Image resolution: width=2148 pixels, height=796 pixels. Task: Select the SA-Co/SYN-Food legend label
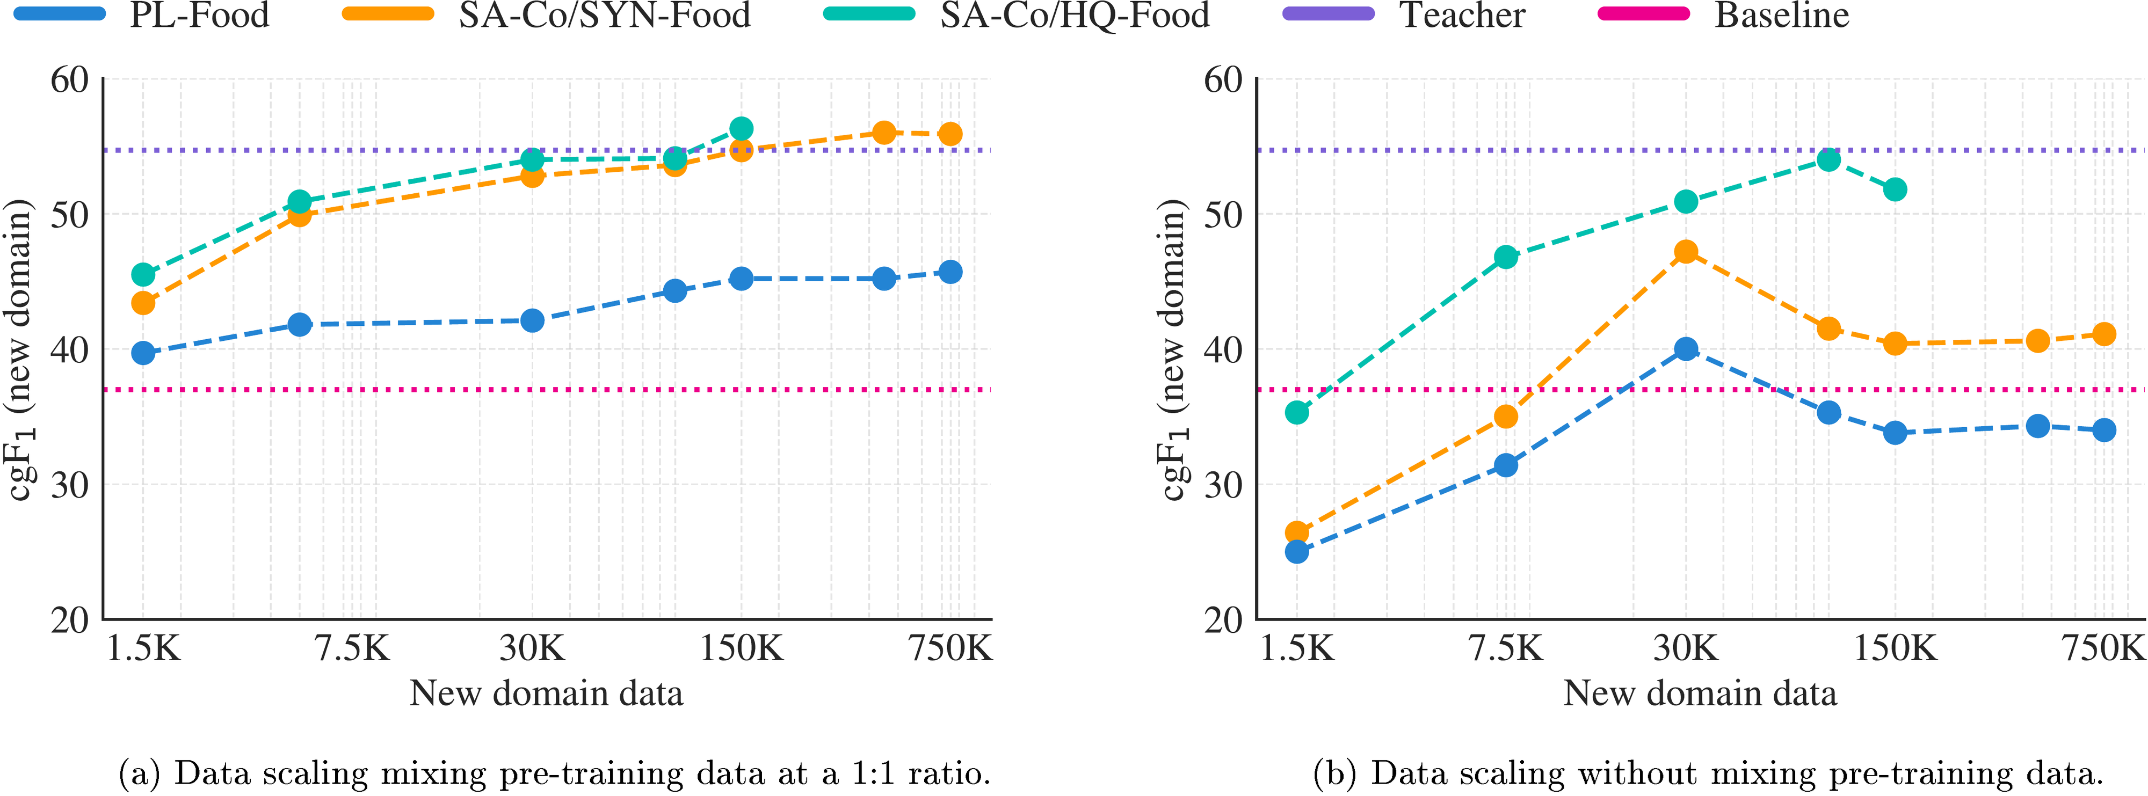[x=605, y=15]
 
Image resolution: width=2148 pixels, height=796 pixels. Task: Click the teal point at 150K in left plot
[x=741, y=128]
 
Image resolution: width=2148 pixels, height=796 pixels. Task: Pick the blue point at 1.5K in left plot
[x=143, y=353]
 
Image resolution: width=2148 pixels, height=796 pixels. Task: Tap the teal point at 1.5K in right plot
[x=1297, y=412]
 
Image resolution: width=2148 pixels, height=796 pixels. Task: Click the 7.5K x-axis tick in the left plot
[x=352, y=648]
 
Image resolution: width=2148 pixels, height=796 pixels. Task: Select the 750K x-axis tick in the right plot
[x=2102, y=648]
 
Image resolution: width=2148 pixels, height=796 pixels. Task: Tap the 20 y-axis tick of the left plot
[x=69, y=620]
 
